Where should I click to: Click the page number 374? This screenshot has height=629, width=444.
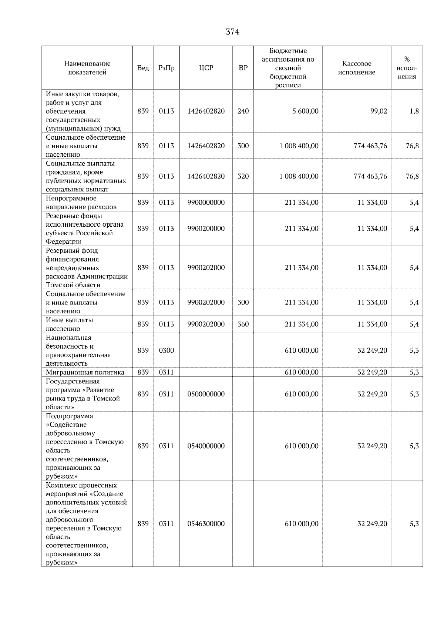tap(232, 32)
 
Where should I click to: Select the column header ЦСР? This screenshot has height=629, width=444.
tap(206, 68)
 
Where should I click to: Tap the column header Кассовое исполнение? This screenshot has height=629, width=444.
tap(356, 68)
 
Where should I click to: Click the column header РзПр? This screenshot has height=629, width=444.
tap(166, 68)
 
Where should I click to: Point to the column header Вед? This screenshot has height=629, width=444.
tap(143, 68)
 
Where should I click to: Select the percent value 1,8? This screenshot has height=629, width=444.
tap(414, 111)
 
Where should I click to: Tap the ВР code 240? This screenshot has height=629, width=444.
tap(243, 111)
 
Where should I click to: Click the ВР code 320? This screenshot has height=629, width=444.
tap(243, 176)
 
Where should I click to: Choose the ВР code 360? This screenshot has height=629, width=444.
tap(243, 324)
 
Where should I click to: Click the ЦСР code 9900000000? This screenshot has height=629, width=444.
tap(206, 203)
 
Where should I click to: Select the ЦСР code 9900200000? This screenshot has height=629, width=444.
tap(206, 229)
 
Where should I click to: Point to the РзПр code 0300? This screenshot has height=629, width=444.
tap(166, 350)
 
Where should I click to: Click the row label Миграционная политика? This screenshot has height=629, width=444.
tap(85, 372)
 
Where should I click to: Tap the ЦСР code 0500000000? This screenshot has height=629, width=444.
tap(206, 394)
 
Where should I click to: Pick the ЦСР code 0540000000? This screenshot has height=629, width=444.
tap(206, 446)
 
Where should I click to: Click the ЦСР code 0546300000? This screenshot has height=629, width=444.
tap(206, 524)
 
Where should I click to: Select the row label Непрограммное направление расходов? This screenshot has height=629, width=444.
tap(81, 203)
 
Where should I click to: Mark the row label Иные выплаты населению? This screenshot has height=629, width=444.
tap(69, 324)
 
